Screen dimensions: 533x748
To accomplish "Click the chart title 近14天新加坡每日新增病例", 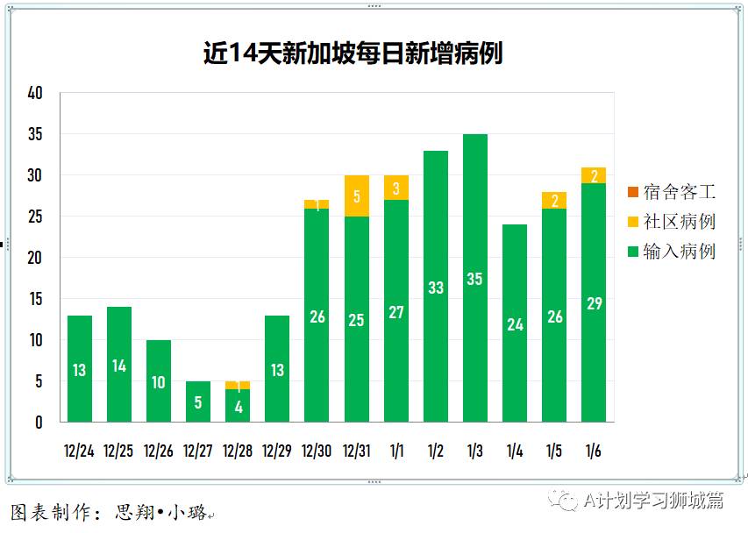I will click(353, 53).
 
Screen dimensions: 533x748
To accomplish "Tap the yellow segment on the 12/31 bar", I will click(356, 195).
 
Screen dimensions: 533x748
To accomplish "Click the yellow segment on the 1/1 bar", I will click(395, 188).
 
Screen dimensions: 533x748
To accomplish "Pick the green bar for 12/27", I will click(198, 402).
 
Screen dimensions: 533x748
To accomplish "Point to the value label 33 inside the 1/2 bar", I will click(435, 288).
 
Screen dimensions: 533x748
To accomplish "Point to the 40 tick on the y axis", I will click(35, 93).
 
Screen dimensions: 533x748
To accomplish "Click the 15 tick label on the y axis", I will click(35, 299).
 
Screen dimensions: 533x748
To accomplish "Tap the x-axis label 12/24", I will click(79, 451).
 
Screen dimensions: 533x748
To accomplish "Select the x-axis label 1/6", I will click(594, 451).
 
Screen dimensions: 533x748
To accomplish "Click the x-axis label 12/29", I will click(277, 451).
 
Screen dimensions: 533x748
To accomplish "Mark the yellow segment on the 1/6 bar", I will click(594, 175).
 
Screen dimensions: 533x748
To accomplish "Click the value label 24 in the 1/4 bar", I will click(515, 324).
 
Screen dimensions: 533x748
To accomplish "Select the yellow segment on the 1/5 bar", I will click(554, 200).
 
